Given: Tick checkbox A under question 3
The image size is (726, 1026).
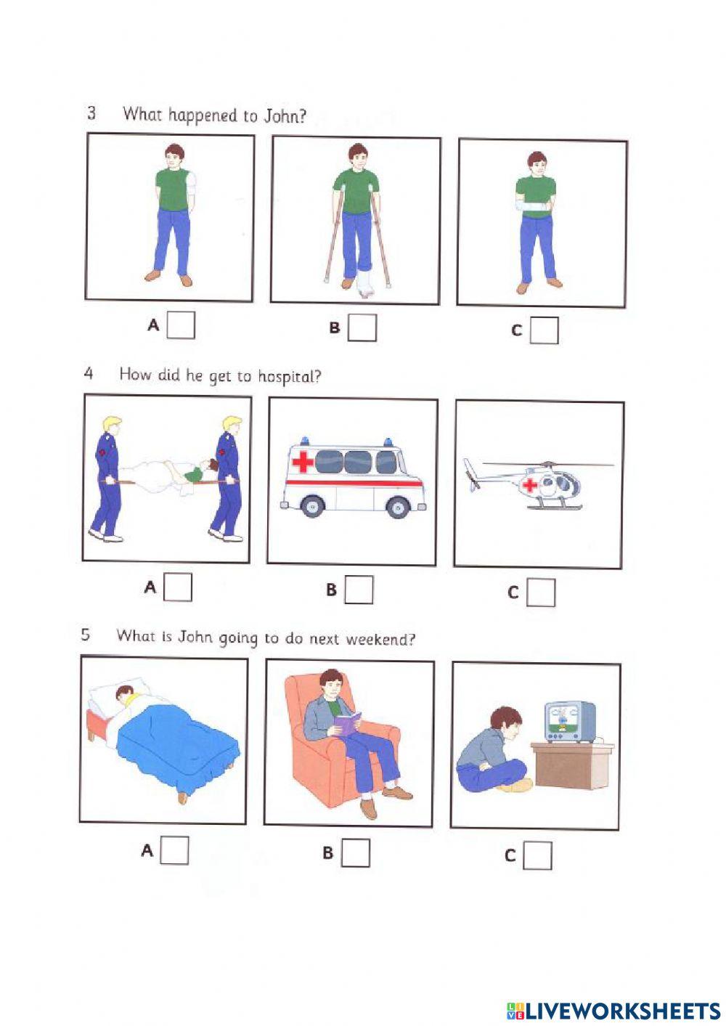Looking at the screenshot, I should pyautogui.click(x=181, y=325).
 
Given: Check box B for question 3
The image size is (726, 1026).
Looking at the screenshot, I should pyautogui.click(x=362, y=327).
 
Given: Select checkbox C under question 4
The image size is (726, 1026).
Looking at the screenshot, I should pyautogui.click(x=541, y=593).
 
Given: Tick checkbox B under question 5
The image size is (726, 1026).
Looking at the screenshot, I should pyautogui.click(x=355, y=852).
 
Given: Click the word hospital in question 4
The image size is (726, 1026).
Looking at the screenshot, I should pyautogui.click(x=289, y=377).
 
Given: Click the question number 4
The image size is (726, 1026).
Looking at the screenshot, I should pyautogui.click(x=89, y=373).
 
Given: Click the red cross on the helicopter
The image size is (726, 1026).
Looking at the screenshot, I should pyautogui.click(x=531, y=485).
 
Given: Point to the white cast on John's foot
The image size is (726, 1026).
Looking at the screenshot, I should pyautogui.click(x=364, y=287).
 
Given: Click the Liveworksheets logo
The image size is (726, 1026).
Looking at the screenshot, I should pyautogui.click(x=613, y=1010).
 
